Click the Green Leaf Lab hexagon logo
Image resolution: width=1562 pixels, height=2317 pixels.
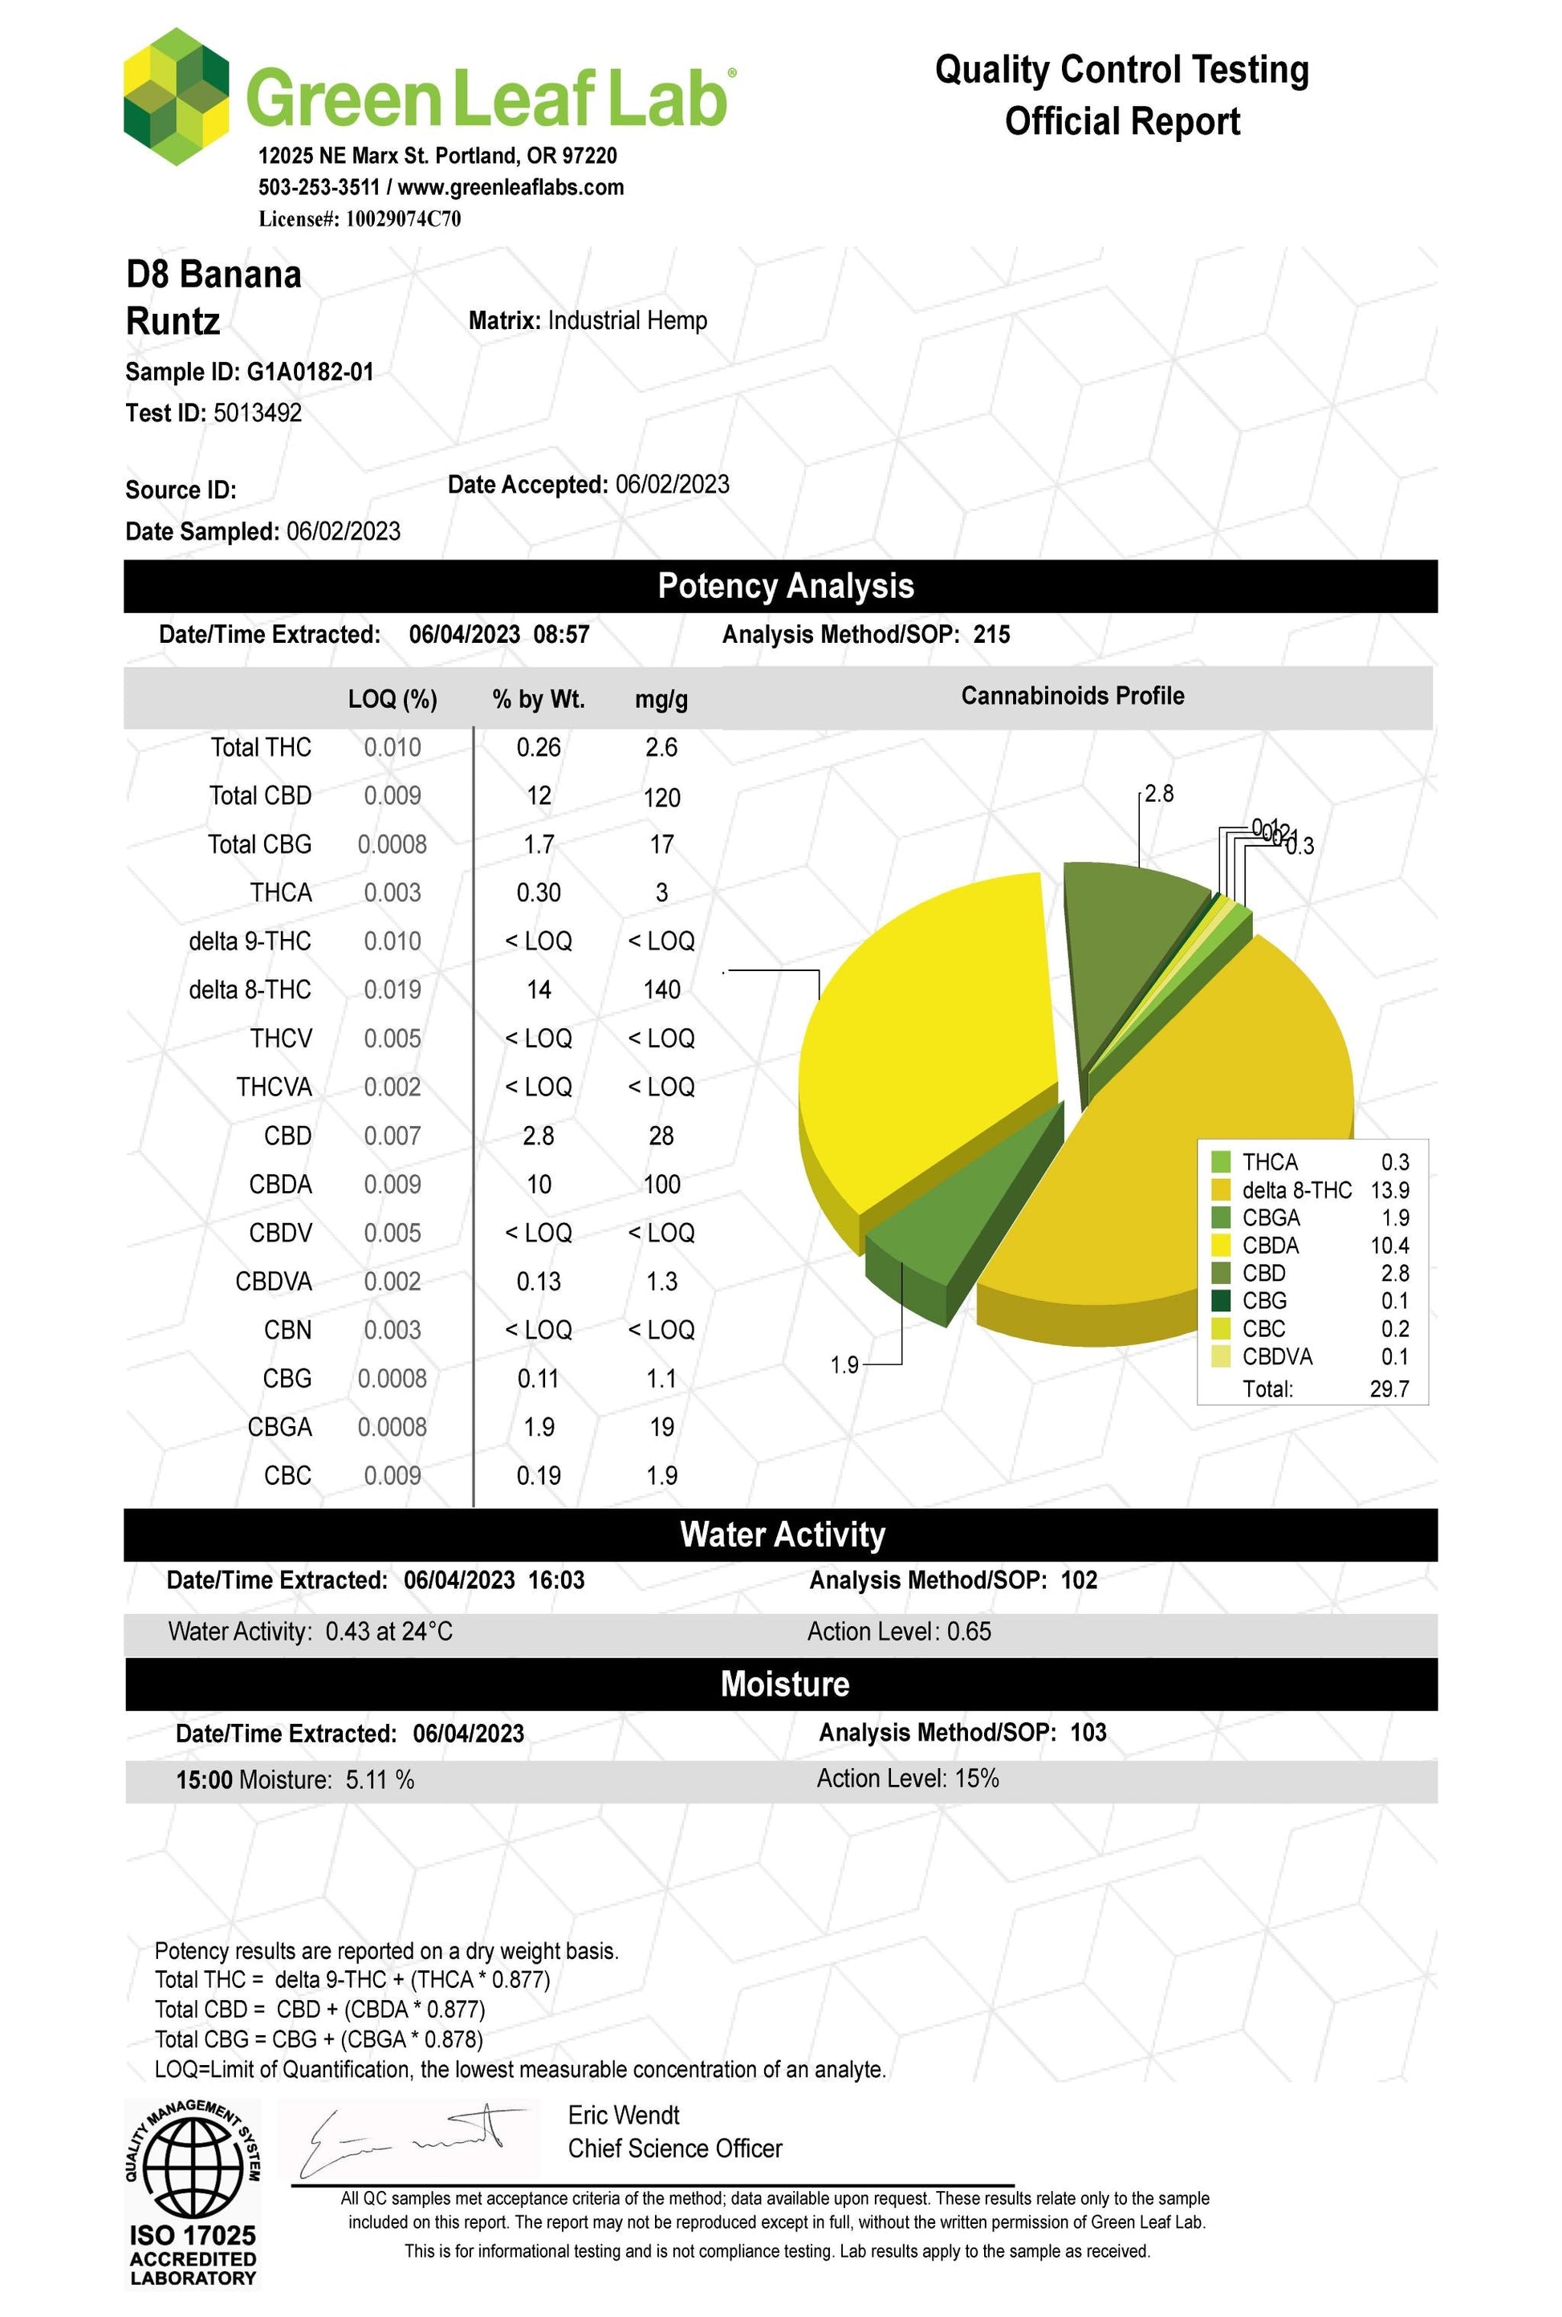click(177, 96)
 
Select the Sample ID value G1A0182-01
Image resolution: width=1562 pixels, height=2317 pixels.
click(310, 372)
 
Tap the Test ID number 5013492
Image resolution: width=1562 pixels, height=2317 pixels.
click(257, 413)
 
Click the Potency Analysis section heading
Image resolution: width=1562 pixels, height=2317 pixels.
click(785, 586)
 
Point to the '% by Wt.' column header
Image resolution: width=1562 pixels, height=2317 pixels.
click(538, 699)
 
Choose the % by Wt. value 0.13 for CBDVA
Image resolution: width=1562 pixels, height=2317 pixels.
click(538, 1281)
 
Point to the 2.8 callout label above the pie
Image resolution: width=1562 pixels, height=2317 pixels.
click(1158, 793)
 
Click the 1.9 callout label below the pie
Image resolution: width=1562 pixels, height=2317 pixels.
click(844, 1364)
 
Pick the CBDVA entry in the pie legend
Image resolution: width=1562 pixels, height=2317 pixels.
click(1277, 1356)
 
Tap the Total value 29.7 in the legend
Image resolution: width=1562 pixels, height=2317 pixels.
click(1389, 1388)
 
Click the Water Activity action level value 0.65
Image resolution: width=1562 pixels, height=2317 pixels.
click(970, 1632)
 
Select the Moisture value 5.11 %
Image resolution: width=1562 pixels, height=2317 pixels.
click(380, 1779)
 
